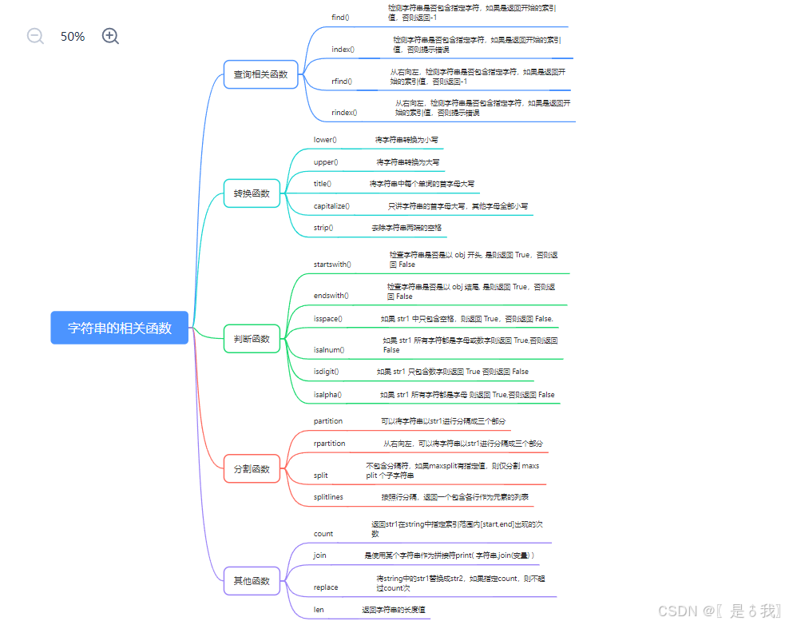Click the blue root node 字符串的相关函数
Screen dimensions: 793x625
[x=120, y=328]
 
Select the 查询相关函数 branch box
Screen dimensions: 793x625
[x=260, y=74]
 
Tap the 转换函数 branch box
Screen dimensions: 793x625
[x=252, y=193]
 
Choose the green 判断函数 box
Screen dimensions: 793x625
[x=252, y=339]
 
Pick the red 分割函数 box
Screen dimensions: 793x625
[x=252, y=469]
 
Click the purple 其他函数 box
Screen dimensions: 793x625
[x=252, y=581]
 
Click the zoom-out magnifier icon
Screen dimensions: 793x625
[x=35, y=36]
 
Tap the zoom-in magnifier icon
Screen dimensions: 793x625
[x=110, y=36]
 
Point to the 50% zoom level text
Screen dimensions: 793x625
[x=73, y=37]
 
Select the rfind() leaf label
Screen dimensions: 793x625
[x=342, y=81]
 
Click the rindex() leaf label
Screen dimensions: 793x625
[x=344, y=113]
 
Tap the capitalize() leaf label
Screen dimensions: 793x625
[x=331, y=205]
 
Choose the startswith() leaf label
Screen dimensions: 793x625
[x=332, y=263]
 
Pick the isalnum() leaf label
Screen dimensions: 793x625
[x=329, y=349]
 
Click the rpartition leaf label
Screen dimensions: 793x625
[x=330, y=443]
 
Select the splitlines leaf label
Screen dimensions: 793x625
[x=328, y=496]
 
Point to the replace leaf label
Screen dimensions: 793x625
[x=326, y=587]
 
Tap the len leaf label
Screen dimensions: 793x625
[x=319, y=609]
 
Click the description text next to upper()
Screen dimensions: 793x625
[x=408, y=161]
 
